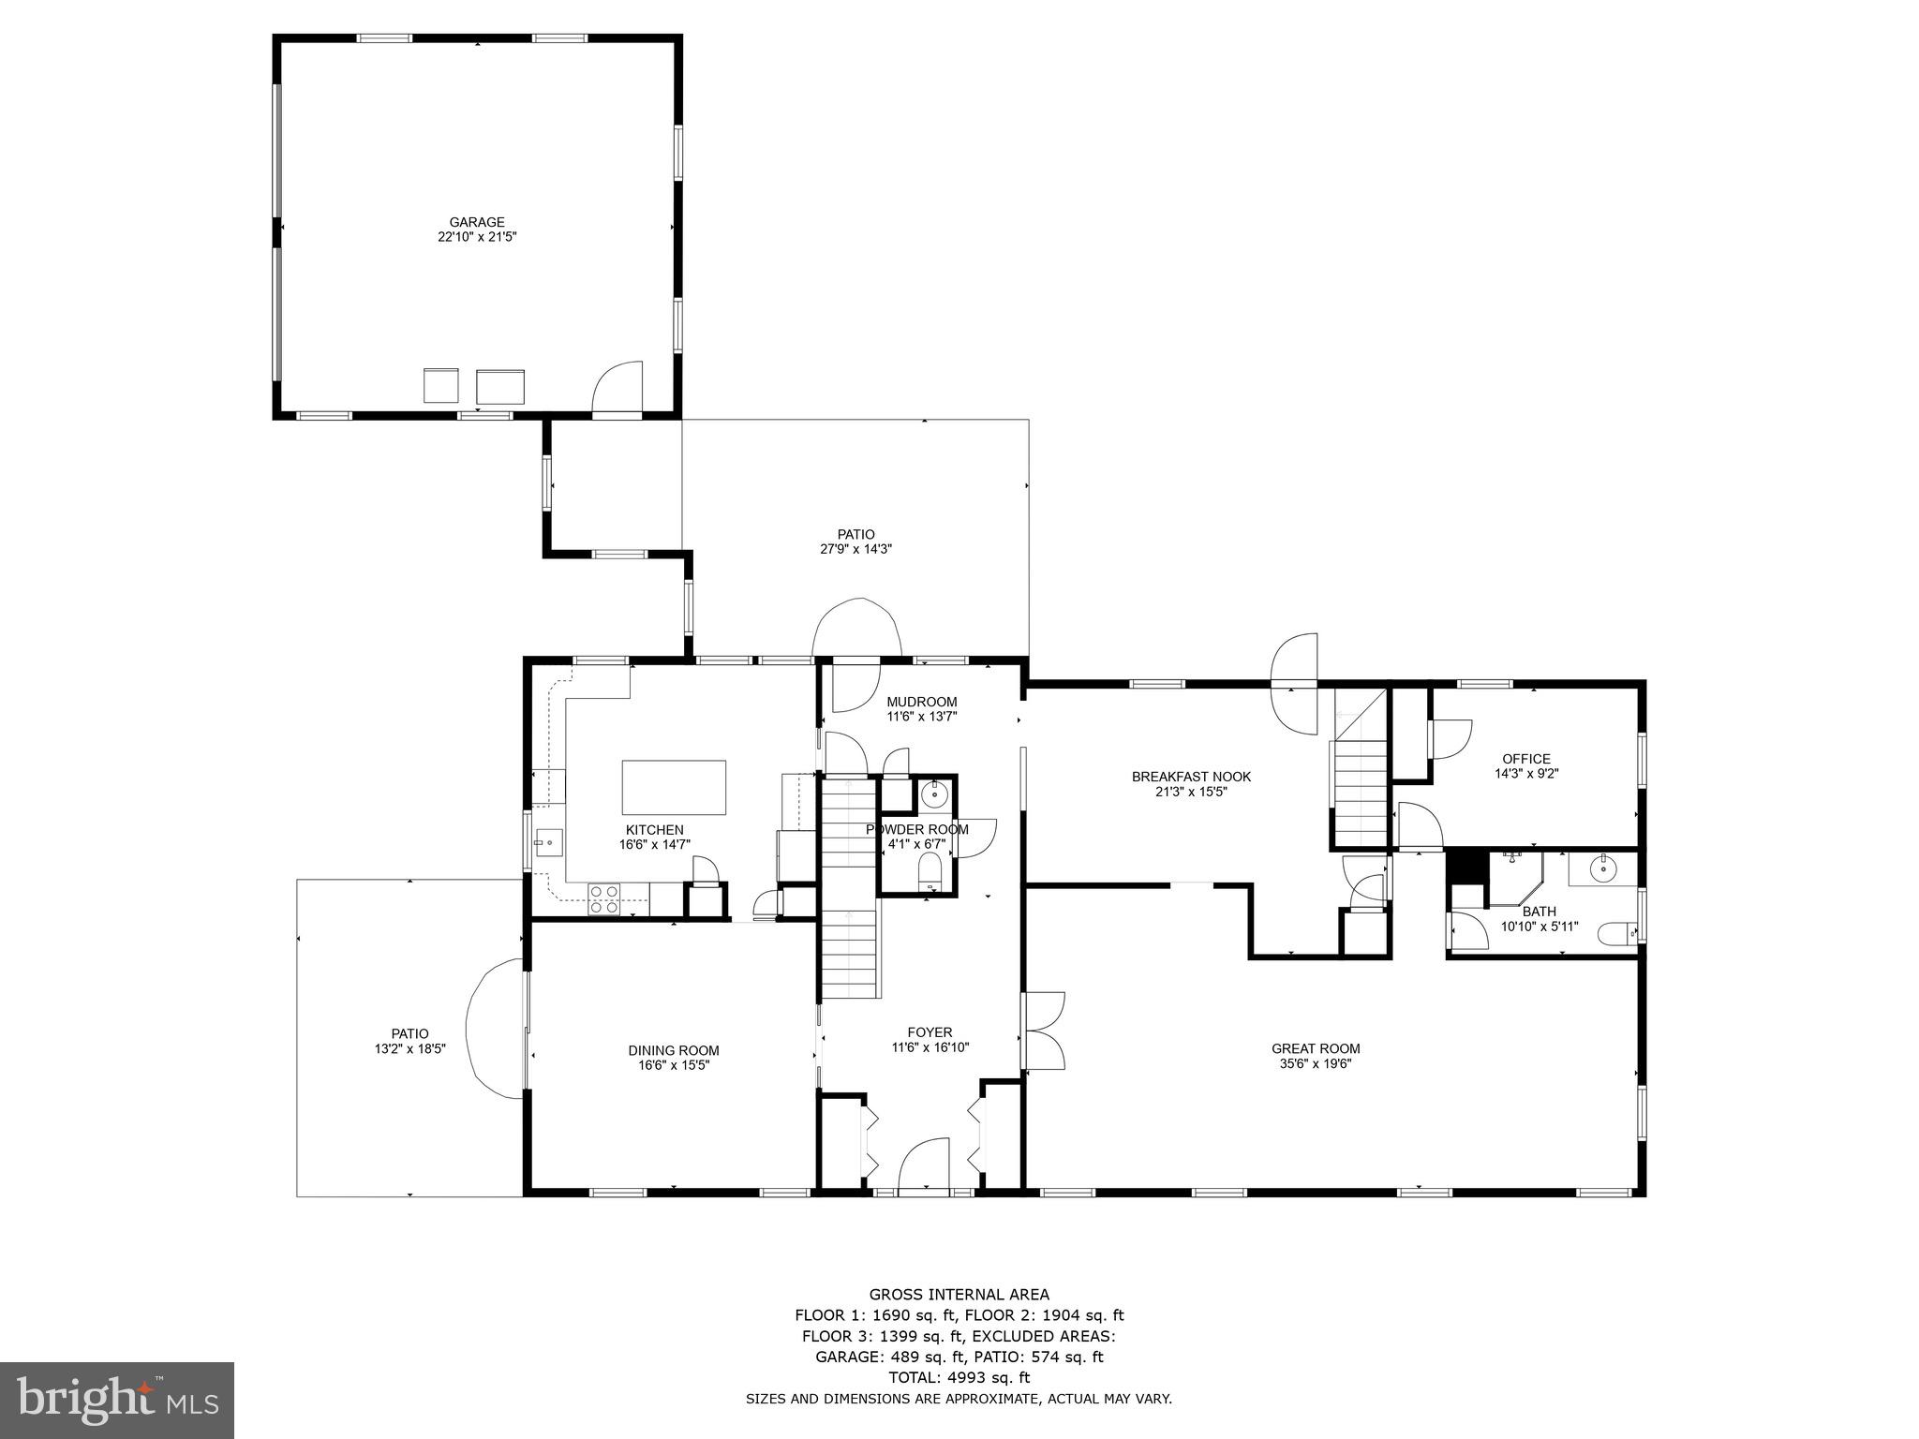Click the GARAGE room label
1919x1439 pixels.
[x=476, y=222]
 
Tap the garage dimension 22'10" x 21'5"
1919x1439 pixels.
[x=477, y=238]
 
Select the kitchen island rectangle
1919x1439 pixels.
[x=674, y=788]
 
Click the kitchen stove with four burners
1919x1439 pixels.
[x=604, y=898]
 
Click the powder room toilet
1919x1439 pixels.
[x=929, y=877]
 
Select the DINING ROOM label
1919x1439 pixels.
[x=673, y=1050]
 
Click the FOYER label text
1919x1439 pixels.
[x=930, y=1032]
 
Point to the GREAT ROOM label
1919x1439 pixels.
[x=1315, y=1048]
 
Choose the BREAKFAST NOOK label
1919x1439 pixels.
[x=1191, y=777]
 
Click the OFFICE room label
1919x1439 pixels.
[x=1525, y=759]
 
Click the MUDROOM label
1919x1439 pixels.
[x=921, y=702]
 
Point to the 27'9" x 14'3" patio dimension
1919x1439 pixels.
[x=855, y=550]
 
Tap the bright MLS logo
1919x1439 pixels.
[x=117, y=1400]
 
